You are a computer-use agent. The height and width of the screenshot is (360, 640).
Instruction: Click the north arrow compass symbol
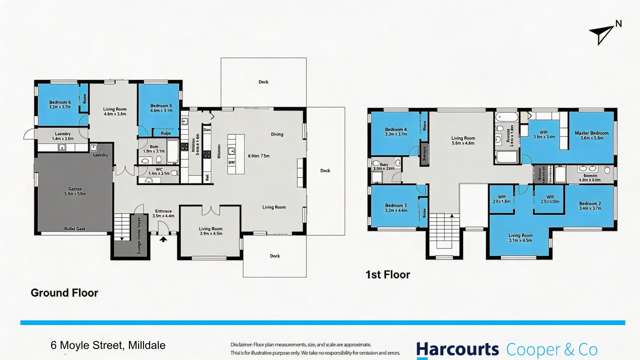(x=602, y=35)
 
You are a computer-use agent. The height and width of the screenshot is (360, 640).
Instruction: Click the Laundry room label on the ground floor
(x=61, y=137)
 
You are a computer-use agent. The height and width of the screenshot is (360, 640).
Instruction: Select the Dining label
(x=277, y=135)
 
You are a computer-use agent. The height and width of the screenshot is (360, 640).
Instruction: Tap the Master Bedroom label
(x=592, y=133)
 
